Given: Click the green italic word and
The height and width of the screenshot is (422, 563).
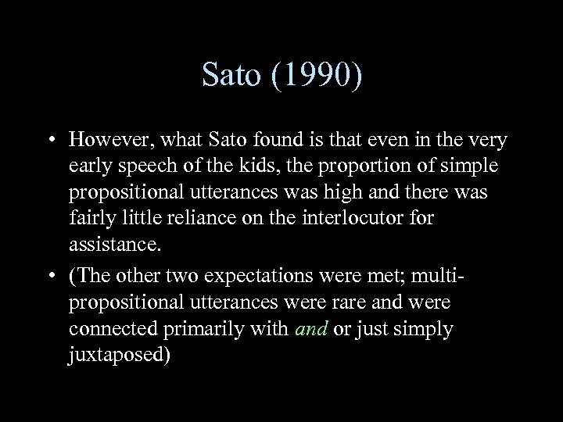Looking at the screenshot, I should point(310,329).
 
